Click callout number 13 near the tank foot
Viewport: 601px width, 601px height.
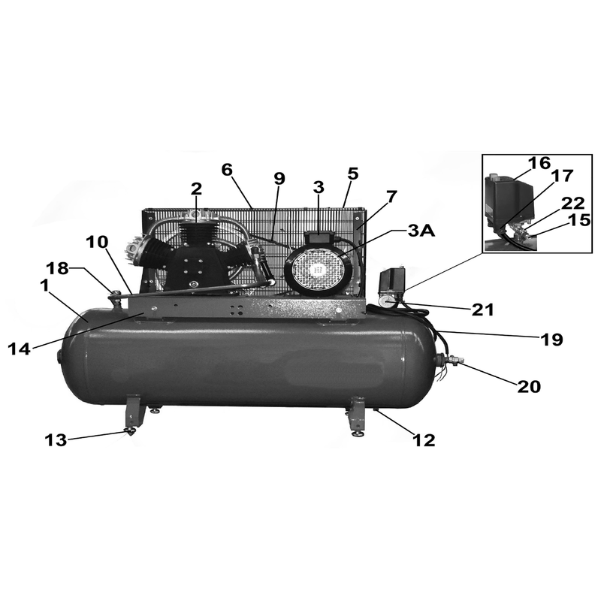[x=56, y=440]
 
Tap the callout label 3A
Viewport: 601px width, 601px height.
[x=421, y=231]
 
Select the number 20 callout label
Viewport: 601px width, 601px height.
[x=529, y=387]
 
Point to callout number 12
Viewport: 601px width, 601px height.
[x=424, y=440]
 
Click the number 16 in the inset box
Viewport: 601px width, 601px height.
[x=539, y=162]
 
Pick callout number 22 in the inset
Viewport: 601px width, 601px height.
[x=573, y=203]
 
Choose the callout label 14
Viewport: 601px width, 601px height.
[x=20, y=349]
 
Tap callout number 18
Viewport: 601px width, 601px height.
[x=58, y=268]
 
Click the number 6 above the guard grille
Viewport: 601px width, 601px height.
[x=227, y=170]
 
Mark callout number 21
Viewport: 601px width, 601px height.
[x=482, y=310]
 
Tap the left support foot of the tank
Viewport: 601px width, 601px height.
[x=134, y=415]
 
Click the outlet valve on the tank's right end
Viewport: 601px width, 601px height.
[x=449, y=360]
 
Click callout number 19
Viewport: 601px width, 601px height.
[x=552, y=340]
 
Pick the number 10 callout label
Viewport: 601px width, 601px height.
[x=97, y=242]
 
